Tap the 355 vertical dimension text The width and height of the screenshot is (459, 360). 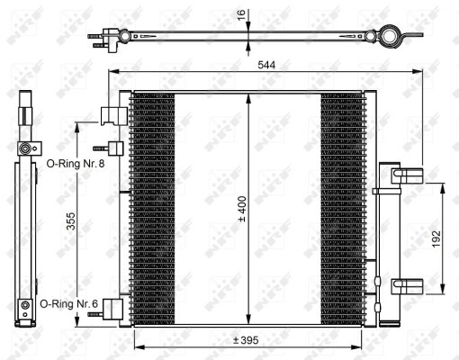coord(69,222)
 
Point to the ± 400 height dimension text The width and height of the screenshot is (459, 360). coord(241,207)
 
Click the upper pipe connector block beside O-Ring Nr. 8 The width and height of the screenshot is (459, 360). coord(113,116)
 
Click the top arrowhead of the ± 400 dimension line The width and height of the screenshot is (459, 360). coord(247,95)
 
